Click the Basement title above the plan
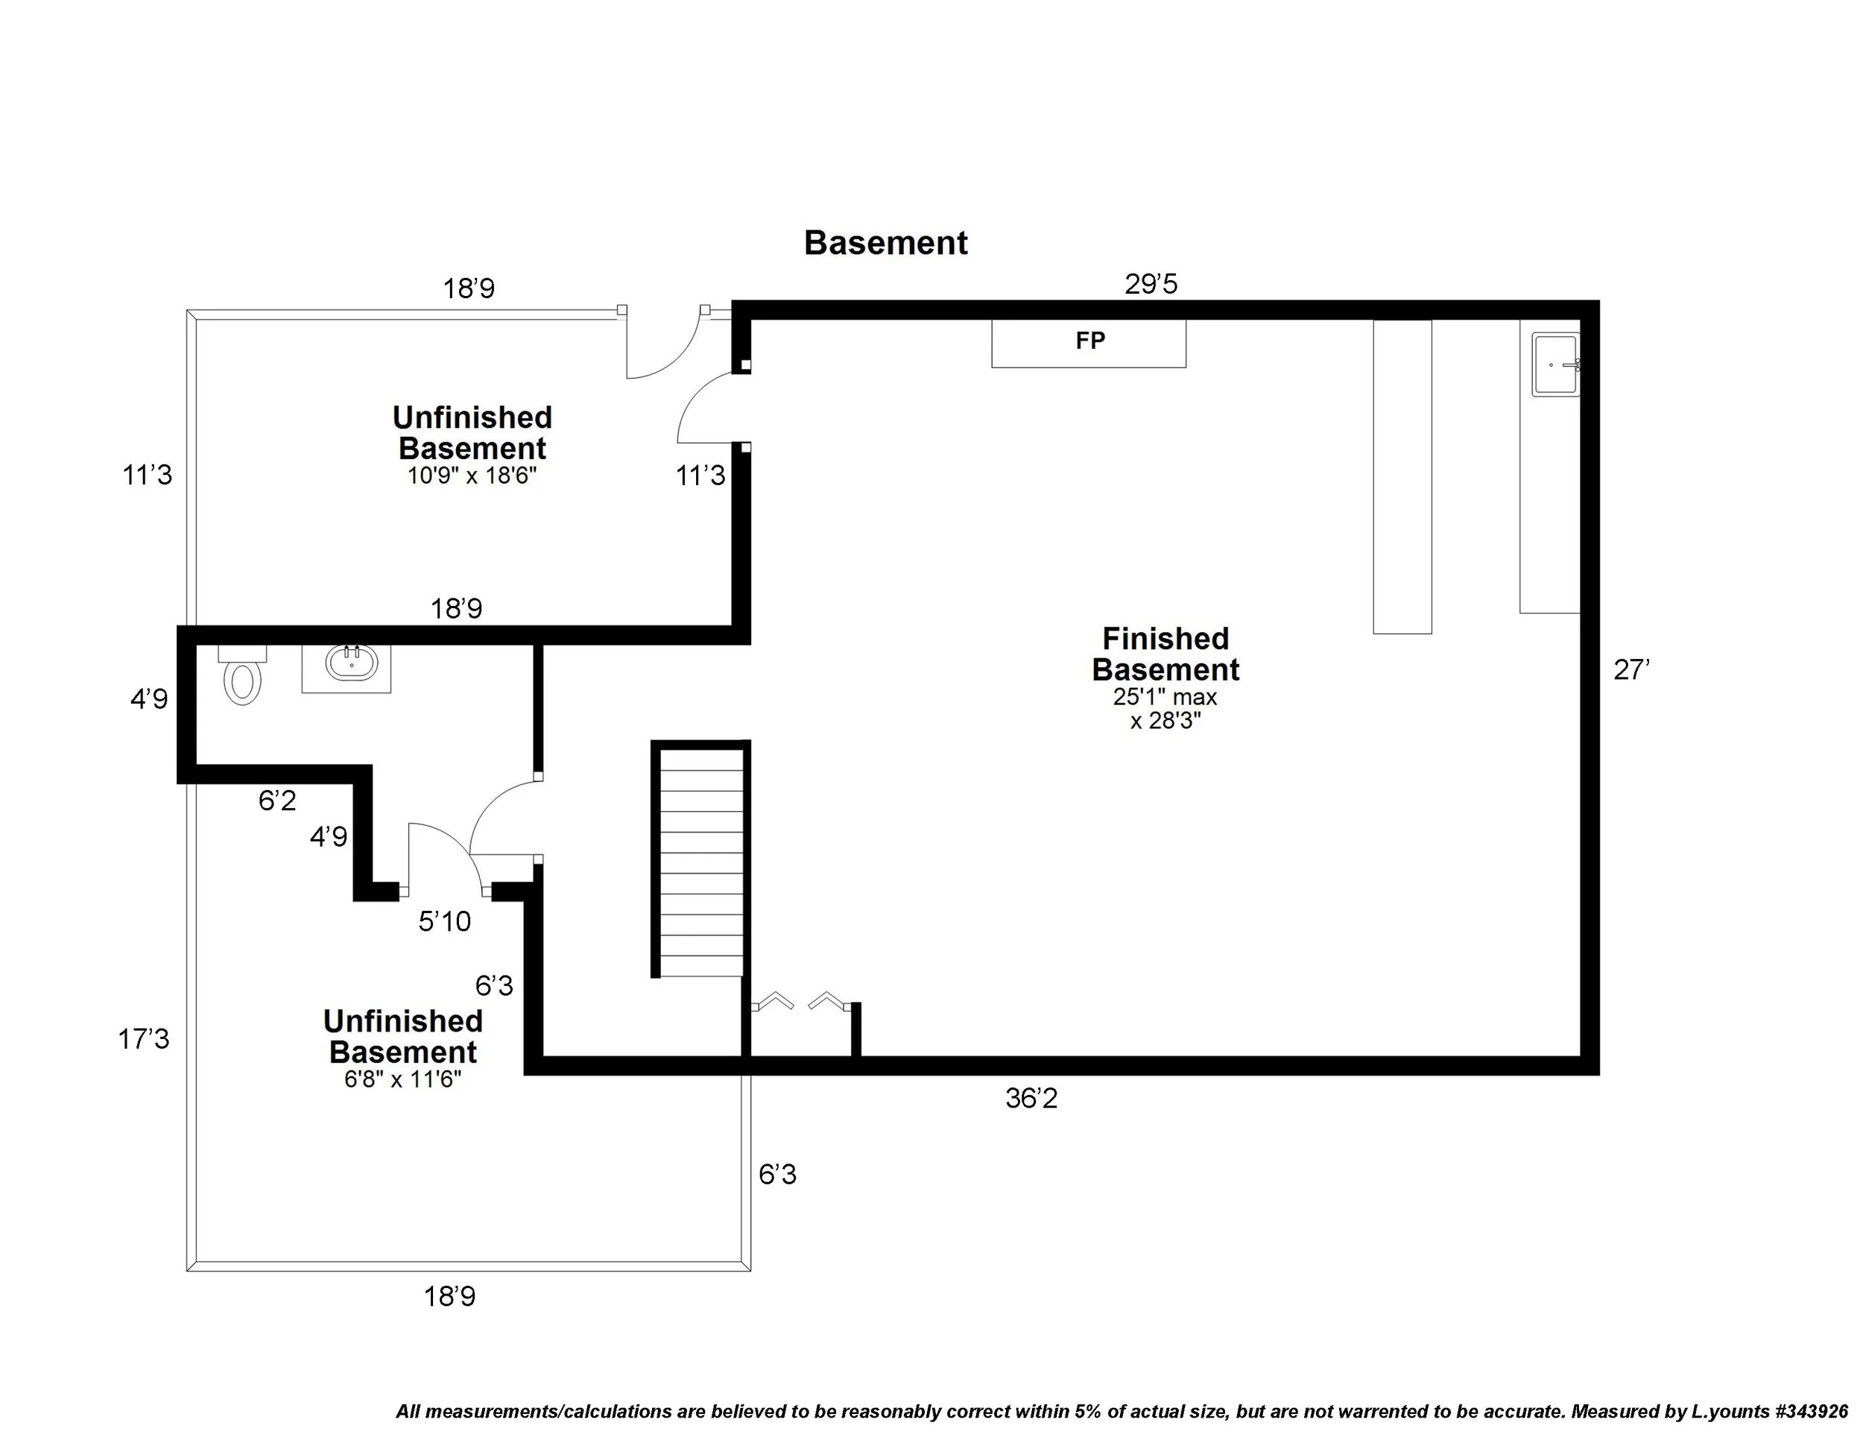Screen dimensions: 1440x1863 point(885,243)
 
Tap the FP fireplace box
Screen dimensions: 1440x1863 point(1089,343)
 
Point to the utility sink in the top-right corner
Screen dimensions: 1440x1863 point(1555,364)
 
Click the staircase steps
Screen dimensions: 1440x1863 point(701,862)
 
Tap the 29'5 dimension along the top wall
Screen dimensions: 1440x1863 point(1150,284)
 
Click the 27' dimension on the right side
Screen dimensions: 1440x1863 point(1631,671)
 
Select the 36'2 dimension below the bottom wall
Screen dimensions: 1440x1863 point(1031,1099)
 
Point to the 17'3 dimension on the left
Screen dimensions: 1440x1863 point(143,1039)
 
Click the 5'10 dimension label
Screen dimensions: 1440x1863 point(444,921)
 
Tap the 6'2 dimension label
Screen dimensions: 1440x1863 point(277,800)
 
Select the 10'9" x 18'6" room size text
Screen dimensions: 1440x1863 point(472,476)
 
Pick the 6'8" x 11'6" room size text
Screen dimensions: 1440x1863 point(402,1080)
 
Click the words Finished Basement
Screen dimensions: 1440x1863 point(1165,654)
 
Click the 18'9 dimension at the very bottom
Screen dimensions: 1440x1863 point(449,1297)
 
